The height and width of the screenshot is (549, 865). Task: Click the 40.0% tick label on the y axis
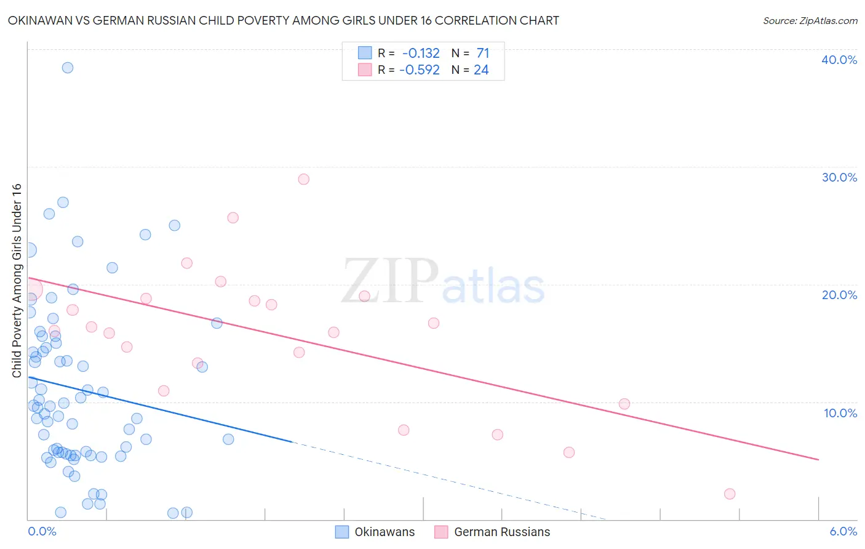coord(839,60)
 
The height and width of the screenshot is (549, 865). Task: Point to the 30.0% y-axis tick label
coord(839,177)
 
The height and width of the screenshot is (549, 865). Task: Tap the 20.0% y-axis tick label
coord(839,295)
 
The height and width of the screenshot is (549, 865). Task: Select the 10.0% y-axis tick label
coord(840,413)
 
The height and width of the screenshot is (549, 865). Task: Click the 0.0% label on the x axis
coord(42,531)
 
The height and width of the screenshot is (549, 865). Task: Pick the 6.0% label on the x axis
coord(843,531)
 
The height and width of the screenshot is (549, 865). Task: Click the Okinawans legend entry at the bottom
coord(384,532)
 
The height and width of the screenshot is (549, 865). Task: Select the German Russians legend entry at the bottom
coord(501,532)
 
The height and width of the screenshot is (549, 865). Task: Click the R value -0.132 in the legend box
coord(421,53)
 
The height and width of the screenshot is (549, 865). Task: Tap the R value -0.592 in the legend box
coord(420,70)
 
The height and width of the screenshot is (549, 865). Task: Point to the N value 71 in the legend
coord(483,53)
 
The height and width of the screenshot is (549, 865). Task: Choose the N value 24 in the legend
coord(481,70)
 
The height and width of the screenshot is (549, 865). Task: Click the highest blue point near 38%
coord(68,68)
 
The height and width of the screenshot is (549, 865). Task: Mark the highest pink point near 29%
coord(303,179)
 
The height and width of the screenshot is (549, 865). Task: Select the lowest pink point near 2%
coord(730,494)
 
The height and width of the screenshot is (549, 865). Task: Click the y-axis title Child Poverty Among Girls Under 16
coord(17,281)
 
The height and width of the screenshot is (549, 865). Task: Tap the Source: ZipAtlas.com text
coord(810,21)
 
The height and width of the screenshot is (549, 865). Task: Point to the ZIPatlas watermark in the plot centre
coord(443,282)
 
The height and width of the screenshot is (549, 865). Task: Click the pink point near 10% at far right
coord(624,404)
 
